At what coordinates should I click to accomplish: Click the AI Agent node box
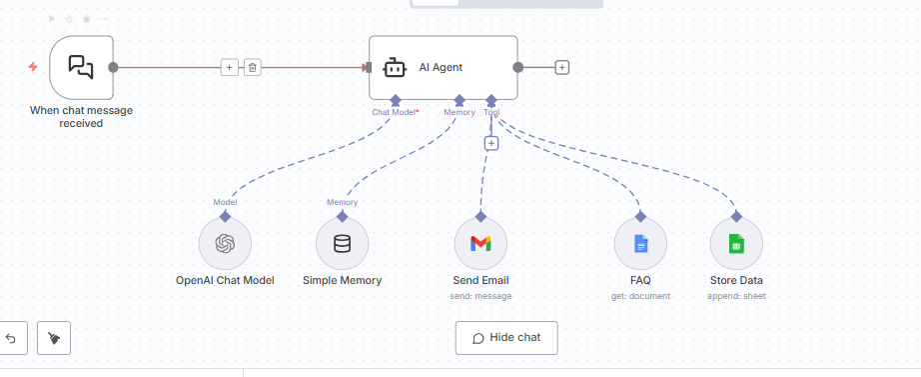pos(443,67)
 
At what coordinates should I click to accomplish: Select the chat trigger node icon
pos(81,67)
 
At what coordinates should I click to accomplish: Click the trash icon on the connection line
pos(253,67)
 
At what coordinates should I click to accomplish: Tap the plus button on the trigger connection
pos(229,67)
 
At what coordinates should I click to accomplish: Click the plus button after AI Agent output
pos(562,67)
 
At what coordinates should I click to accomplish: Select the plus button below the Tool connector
pos(490,143)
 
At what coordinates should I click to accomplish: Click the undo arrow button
pos(11,338)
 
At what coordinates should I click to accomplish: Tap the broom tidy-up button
pos(54,338)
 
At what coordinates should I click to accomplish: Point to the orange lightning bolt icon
pos(33,67)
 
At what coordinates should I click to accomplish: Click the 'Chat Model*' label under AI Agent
pos(396,112)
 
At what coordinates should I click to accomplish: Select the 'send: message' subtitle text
pos(480,296)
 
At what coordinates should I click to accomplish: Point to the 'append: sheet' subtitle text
pos(736,296)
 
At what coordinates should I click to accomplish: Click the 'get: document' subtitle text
pos(640,296)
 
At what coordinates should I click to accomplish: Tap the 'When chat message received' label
pos(81,116)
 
